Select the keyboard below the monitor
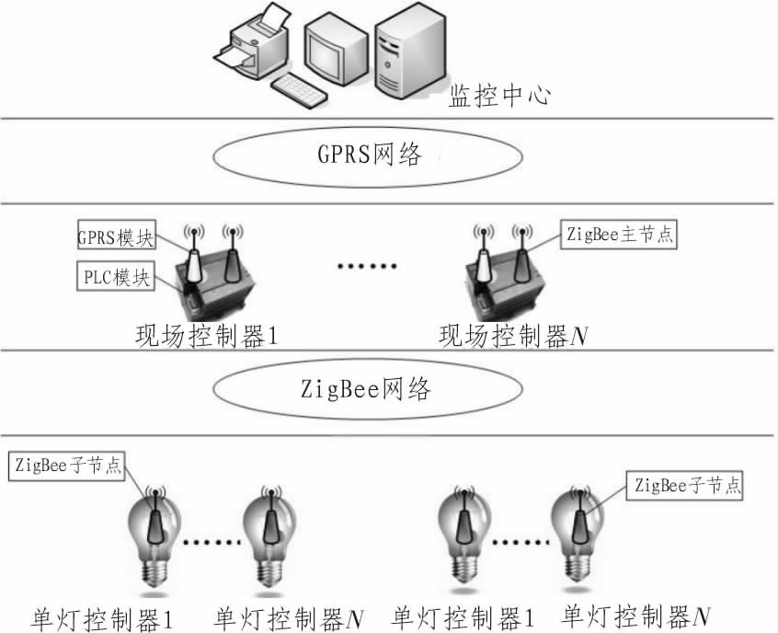point(299,91)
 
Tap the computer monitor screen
point(327,52)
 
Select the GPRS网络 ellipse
point(368,156)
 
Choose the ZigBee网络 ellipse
point(368,389)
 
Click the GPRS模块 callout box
point(117,235)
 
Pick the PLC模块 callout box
point(116,276)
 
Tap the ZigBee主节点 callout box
point(619,234)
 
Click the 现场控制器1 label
point(206,337)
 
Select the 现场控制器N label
point(513,337)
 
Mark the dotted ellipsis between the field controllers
point(367,267)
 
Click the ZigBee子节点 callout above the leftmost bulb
point(66,466)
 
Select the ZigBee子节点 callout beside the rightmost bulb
point(685,485)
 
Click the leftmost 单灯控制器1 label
point(102,619)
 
